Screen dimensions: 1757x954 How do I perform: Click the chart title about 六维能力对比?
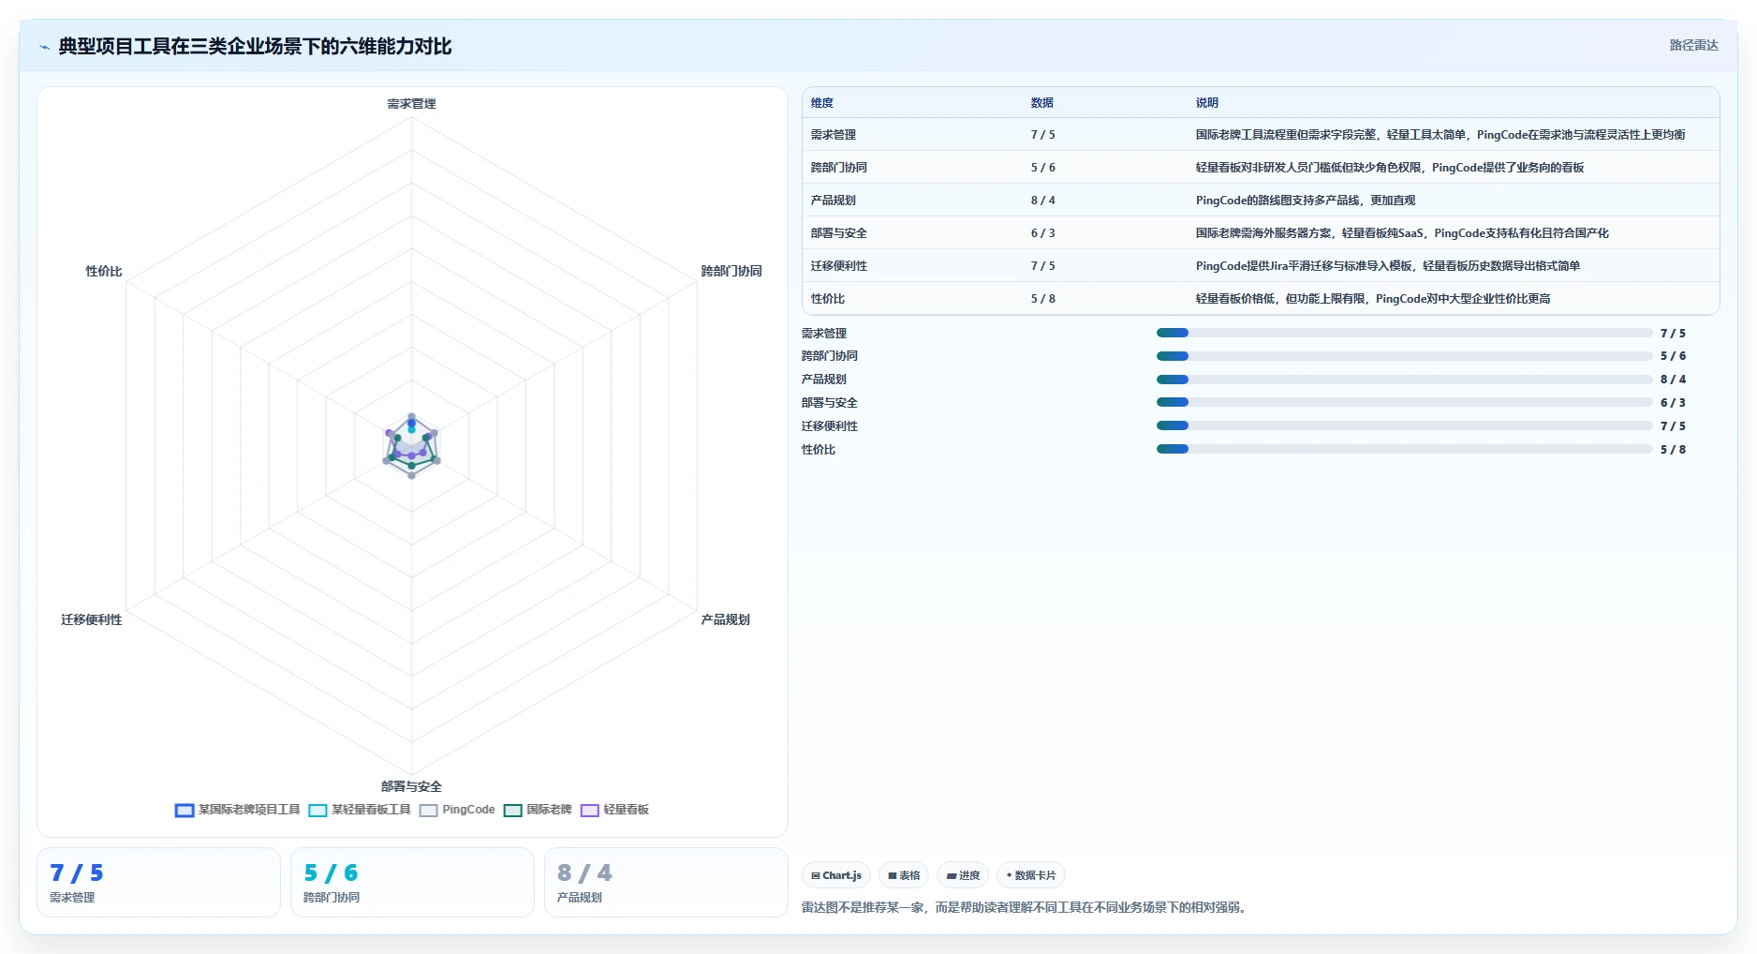[x=255, y=46]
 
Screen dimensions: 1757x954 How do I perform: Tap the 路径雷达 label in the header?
[x=1693, y=45]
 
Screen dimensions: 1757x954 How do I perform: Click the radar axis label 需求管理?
[x=411, y=103]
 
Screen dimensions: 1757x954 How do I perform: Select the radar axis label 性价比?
[x=104, y=271]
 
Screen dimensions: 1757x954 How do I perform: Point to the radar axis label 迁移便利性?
[x=92, y=619]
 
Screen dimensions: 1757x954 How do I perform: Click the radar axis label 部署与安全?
[x=411, y=786]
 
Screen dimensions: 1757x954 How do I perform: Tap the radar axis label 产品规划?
[x=725, y=619]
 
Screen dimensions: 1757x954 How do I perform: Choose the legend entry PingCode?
[x=457, y=810]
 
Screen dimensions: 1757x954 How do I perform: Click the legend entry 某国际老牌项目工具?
[x=237, y=810]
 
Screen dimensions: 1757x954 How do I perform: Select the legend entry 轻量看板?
[x=614, y=810]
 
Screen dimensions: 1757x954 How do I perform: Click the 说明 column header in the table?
[x=1206, y=103]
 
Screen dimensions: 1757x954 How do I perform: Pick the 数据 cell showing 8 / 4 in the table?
[x=1042, y=201]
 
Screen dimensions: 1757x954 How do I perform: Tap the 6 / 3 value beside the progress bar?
[x=1673, y=403]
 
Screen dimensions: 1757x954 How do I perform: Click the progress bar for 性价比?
[x=1404, y=450]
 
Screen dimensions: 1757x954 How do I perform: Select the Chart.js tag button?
[x=836, y=875]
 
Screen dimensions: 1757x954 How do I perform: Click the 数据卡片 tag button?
[x=1030, y=875]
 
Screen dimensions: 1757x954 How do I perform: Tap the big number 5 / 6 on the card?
[x=331, y=873]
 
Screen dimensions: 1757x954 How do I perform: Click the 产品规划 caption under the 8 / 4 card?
[x=579, y=898]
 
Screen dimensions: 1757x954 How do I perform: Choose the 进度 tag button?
[x=963, y=875]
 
